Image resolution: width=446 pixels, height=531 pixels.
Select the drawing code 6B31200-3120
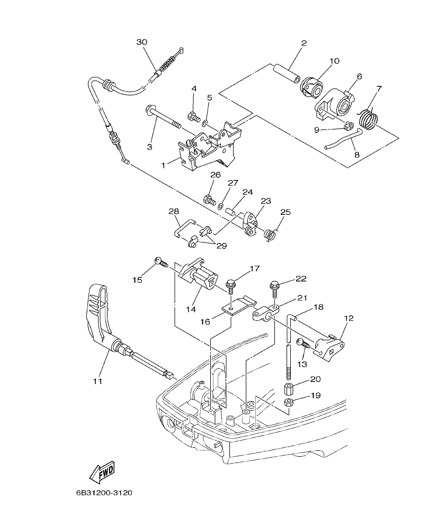click(103, 492)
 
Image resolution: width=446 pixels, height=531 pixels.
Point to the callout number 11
click(99, 381)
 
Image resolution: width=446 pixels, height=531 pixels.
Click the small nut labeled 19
click(290, 402)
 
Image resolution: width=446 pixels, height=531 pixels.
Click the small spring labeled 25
click(271, 233)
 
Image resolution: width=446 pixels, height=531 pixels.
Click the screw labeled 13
click(303, 343)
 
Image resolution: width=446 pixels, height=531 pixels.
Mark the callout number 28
click(173, 211)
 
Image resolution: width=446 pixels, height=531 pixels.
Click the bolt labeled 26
click(210, 201)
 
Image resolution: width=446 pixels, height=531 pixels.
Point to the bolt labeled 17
click(231, 284)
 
